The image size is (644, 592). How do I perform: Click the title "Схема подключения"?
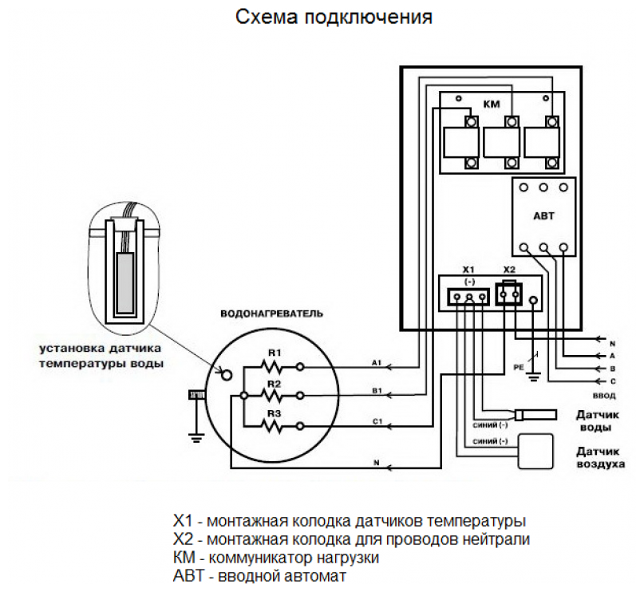tap(334, 18)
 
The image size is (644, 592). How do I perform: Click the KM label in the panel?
tap(492, 104)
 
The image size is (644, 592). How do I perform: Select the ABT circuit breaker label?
tap(543, 215)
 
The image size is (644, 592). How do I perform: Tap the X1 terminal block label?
tap(468, 269)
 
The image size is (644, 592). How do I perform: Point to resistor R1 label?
tap(275, 353)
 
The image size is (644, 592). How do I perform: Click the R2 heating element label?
tap(275, 383)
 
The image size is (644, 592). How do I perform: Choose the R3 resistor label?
tap(275, 413)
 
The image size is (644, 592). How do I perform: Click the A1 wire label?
tap(377, 362)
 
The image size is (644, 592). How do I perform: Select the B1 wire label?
tap(377, 392)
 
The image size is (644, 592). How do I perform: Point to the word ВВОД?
tap(603, 395)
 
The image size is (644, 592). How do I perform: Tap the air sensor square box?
tap(535, 451)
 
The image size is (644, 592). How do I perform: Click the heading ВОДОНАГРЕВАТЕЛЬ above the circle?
tap(271, 314)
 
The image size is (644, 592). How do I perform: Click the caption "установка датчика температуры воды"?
tap(101, 356)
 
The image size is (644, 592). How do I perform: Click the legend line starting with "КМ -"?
tap(275, 557)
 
